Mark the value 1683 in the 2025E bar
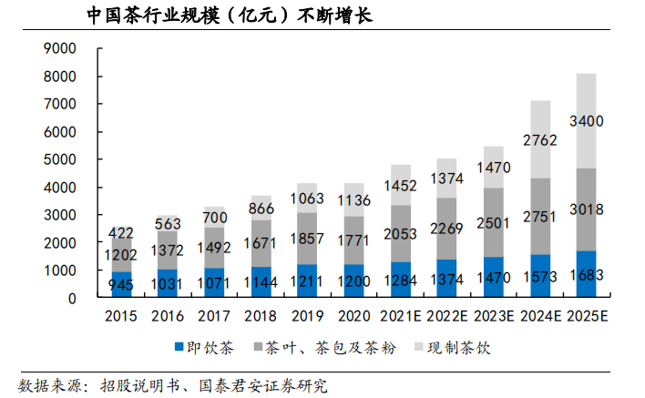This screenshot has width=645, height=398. (x=599, y=274)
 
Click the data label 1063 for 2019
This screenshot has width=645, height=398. (x=307, y=198)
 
